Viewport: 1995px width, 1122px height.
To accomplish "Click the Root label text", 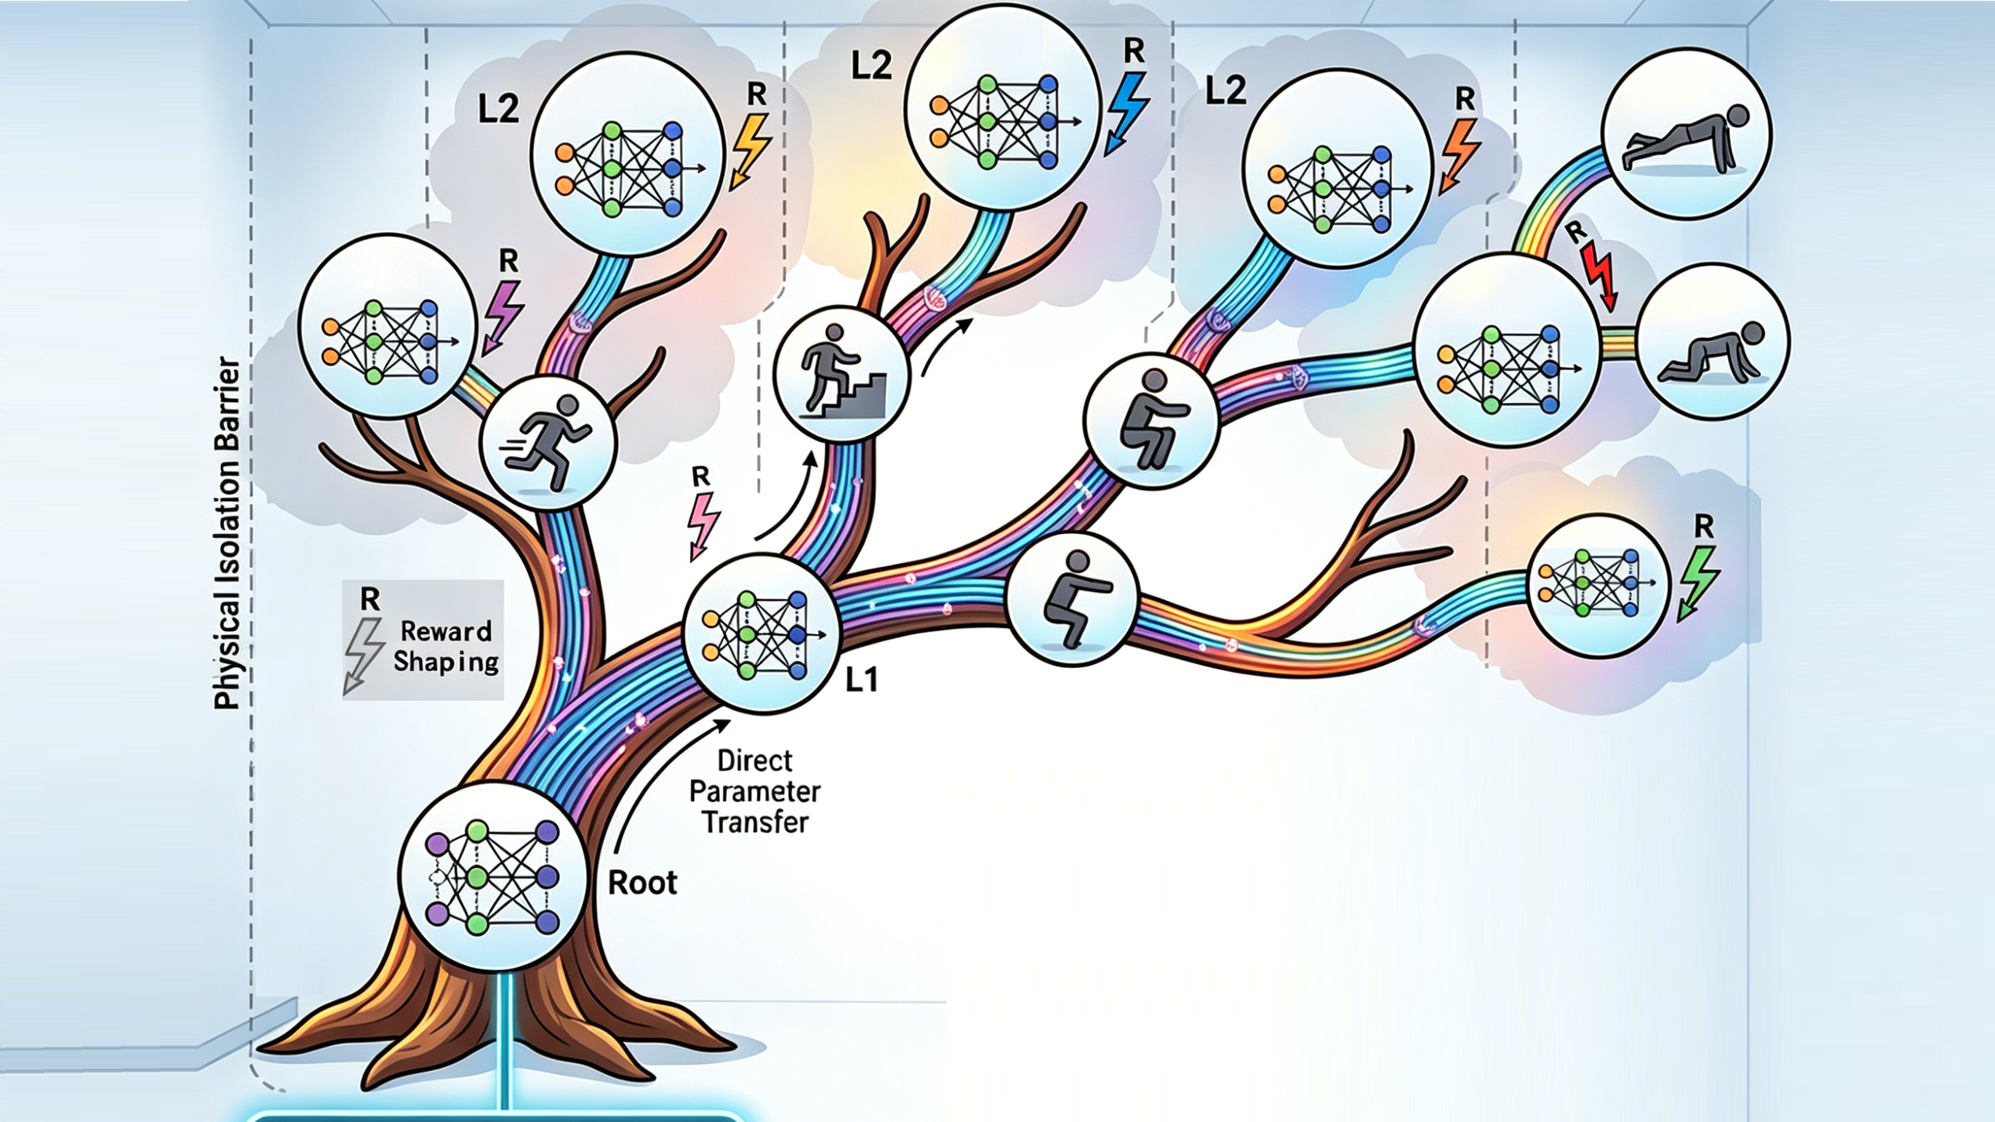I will (x=642, y=883).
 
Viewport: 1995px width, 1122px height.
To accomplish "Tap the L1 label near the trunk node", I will (x=861, y=680).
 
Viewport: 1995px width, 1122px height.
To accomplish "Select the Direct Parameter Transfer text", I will (x=754, y=791).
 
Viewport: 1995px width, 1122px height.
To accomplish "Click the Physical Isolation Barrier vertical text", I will (x=227, y=533).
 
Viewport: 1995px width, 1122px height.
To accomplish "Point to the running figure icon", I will (x=548, y=442).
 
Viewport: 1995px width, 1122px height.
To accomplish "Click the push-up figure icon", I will (x=1686, y=133).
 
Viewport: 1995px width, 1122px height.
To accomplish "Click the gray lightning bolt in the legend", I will (x=363, y=654).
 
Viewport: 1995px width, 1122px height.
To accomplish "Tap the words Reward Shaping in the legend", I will (x=445, y=647).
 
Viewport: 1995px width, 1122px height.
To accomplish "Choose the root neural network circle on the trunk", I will (x=492, y=875).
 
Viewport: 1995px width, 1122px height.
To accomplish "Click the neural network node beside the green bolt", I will (x=1598, y=584).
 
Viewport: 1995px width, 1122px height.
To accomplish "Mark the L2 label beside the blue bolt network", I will (x=871, y=66).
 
